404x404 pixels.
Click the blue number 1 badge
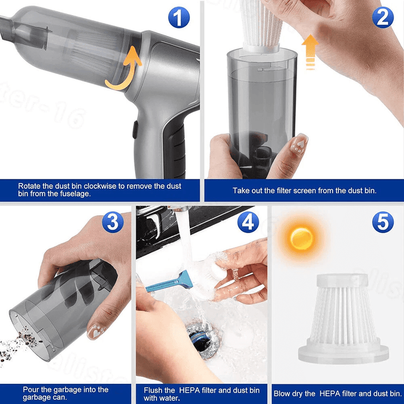[179, 17]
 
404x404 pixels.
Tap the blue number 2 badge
[383, 17]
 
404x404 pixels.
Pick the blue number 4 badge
[248, 222]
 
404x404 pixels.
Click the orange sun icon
[301, 238]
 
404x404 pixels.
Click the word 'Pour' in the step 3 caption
[32, 390]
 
